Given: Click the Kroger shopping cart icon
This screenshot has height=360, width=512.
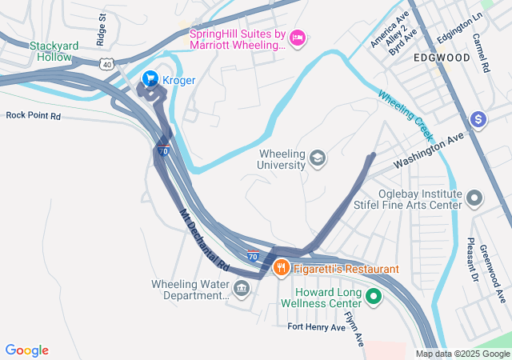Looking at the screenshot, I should [x=149, y=79].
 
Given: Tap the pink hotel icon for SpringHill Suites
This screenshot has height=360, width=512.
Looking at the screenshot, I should [x=298, y=37].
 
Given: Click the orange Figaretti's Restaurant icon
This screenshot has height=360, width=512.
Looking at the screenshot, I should [x=280, y=267].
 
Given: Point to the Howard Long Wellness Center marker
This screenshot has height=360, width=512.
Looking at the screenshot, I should [x=373, y=298].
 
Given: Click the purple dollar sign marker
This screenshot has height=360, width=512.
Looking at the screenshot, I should [x=478, y=119].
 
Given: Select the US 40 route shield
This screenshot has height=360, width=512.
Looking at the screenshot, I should [x=106, y=62].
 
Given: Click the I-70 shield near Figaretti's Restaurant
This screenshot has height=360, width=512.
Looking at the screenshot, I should [x=253, y=257].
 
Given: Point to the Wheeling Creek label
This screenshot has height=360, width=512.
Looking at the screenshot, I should [x=405, y=111].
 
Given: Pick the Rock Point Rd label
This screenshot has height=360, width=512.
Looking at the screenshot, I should [x=33, y=115].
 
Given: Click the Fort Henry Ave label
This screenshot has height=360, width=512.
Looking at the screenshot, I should [x=317, y=327].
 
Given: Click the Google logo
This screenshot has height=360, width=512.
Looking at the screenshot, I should [x=27, y=350].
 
